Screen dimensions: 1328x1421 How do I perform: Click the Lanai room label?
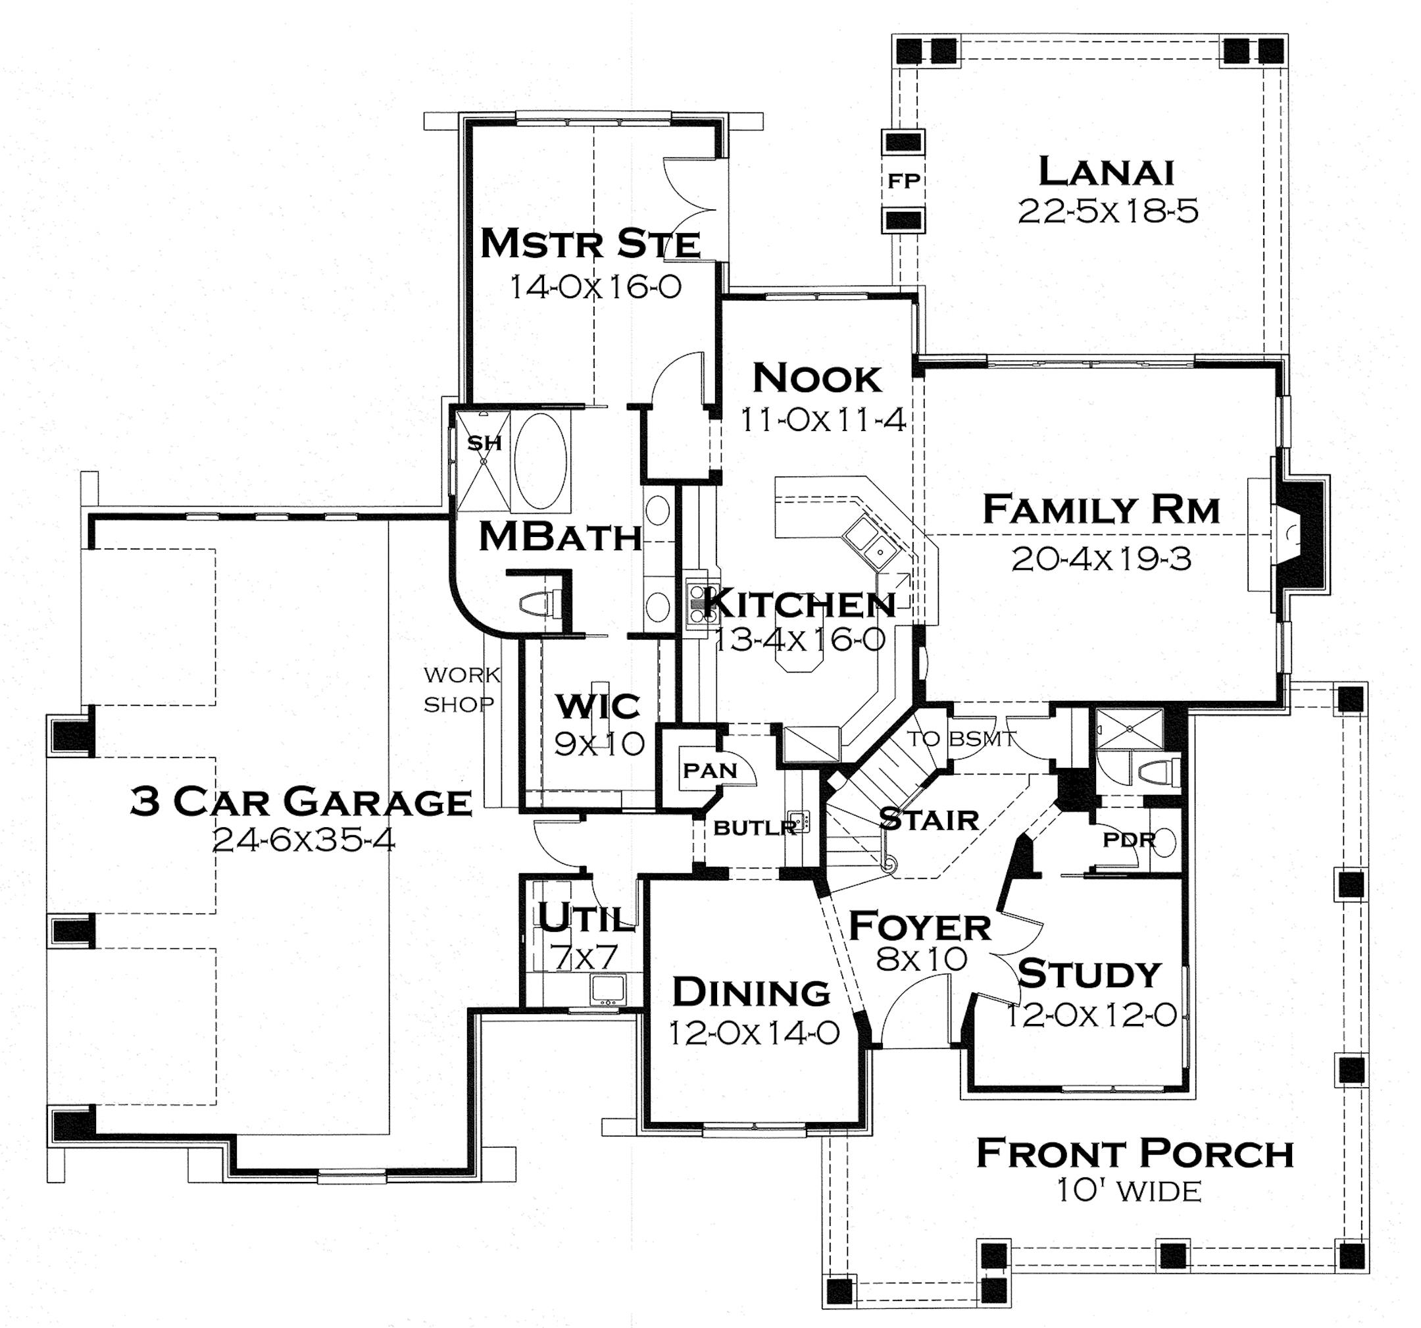click(x=1106, y=172)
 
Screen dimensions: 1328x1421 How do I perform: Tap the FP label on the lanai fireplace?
click(x=903, y=181)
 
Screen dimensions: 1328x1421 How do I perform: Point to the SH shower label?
click(x=484, y=444)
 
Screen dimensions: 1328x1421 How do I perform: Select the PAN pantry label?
click(x=709, y=771)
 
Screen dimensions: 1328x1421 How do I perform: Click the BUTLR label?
click(x=754, y=828)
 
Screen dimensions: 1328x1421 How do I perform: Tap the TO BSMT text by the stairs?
click(x=960, y=739)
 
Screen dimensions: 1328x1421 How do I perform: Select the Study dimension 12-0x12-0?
click(x=1091, y=1015)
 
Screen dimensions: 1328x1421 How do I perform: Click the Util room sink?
click(x=608, y=989)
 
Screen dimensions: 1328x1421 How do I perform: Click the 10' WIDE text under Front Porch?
click(x=1129, y=1191)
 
